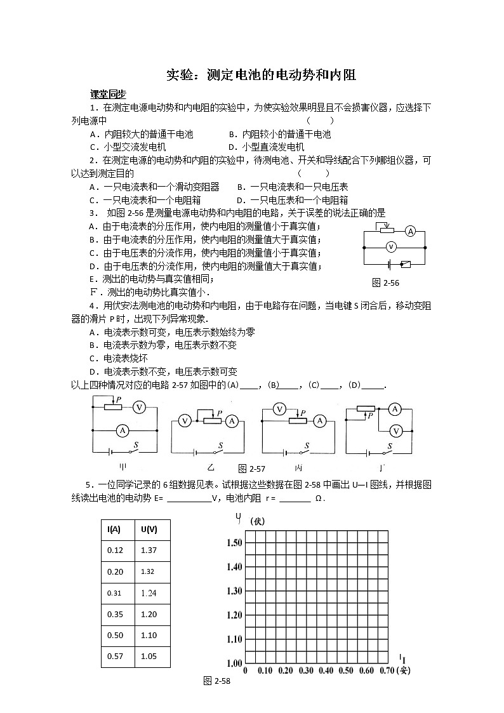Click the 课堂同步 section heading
click(107, 94)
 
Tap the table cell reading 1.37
click(149, 550)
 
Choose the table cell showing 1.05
click(149, 656)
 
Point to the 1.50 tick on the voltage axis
click(233, 542)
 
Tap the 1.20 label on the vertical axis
click(233, 615)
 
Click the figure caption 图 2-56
click(385, 283)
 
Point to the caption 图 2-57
click(251, 469)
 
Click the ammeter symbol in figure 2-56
click(411, 232)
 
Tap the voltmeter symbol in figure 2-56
click(392, 246)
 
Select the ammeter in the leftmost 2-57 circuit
click(122, 430)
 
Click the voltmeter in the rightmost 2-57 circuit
click(395, 430)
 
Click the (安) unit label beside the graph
click(402, 671)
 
